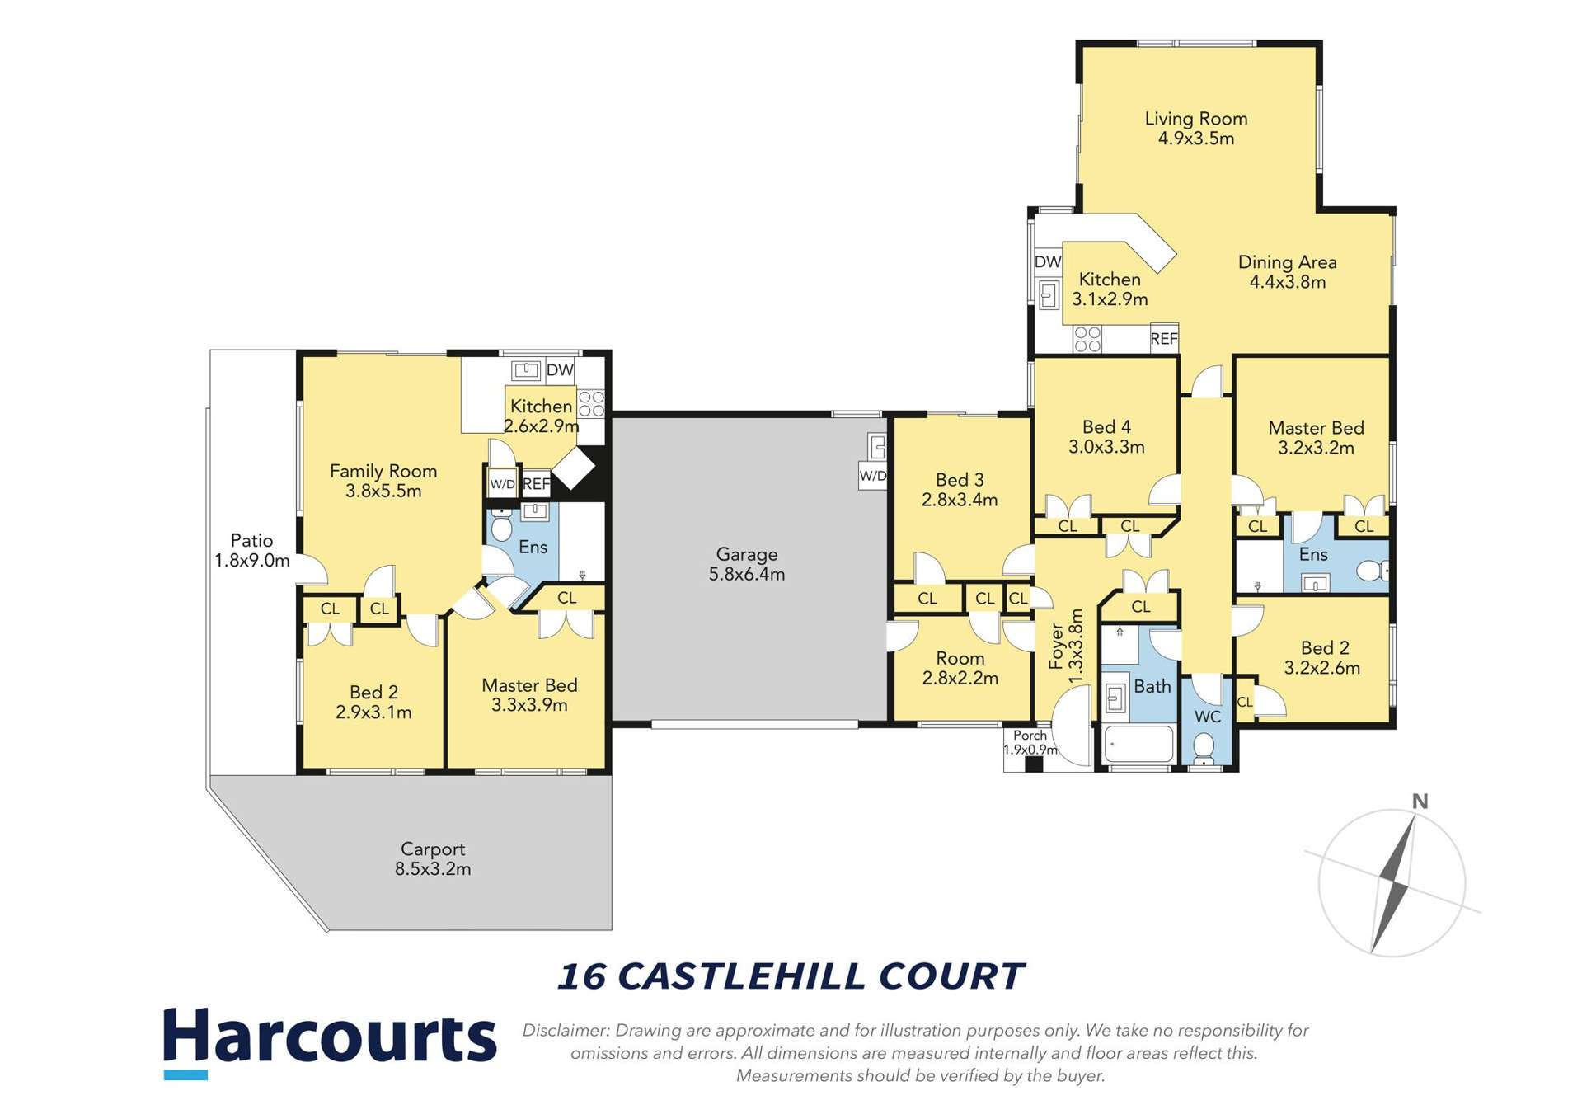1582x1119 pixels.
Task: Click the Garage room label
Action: pos(746,554)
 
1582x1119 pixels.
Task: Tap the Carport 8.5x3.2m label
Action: pos(432,858)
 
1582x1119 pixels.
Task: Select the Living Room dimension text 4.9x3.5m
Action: pos(1195,139)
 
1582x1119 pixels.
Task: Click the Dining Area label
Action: pos(1287,262)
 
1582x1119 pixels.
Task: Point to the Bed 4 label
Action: pos(1106,427)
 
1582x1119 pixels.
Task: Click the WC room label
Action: pos(1207,717)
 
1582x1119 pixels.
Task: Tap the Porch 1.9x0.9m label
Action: pos(1030,742)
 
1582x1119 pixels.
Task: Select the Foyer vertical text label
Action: pos(1057,646)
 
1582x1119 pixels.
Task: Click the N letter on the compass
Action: pos(1420,802)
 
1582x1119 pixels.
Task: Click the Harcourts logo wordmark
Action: pos(330,1037)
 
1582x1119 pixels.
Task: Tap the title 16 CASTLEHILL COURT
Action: pos(790,976)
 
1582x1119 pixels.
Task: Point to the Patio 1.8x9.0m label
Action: pos(251,551)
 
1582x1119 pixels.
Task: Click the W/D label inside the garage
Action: pos(872,476)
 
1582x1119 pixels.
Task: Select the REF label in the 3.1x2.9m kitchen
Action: pos(1163,339)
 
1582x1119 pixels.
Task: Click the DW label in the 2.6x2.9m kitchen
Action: pos(560,370)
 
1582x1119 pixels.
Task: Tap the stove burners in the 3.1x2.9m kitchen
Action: pos(1087,339)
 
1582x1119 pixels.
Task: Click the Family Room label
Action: pos(383,471)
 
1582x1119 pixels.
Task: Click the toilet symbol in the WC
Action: pos(1204,749)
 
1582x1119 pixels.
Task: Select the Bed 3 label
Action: pos(960,480)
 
